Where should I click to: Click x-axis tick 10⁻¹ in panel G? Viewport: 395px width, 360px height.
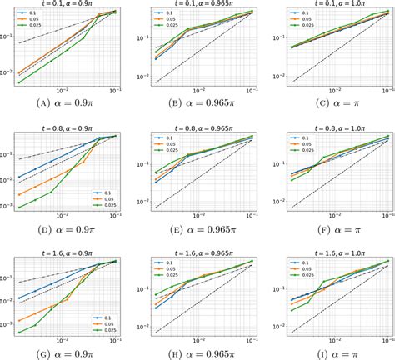112,342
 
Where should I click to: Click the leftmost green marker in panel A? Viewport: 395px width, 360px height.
19,82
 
